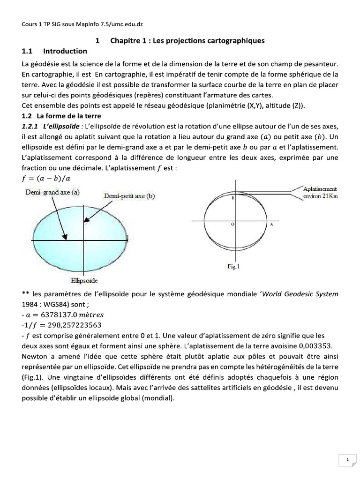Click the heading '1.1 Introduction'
point(54,51)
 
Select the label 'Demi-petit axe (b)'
point(129,196)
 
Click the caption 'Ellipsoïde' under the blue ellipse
point(84,281)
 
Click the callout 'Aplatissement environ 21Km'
point(320,193)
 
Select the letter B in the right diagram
point(232,199)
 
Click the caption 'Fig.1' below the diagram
point(233,267)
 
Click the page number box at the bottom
point(347,460)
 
